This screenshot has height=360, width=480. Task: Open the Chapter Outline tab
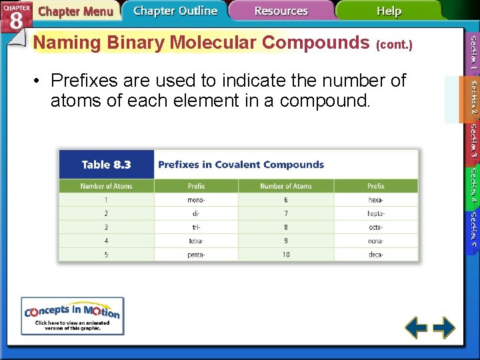coord(175,11)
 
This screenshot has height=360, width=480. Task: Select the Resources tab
coord(281,11)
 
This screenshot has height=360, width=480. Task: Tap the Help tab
coord(389,11)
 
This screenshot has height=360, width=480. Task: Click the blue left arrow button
coord(417,327)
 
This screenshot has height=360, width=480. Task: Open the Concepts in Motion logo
coord(72,315)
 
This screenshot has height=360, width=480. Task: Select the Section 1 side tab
coord(472,53)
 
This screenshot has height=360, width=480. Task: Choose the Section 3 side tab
coord(472,142)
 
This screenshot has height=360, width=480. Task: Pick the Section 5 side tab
coord(472,229)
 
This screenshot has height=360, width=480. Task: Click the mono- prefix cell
coord(196,199)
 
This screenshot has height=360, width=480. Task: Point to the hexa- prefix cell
coord(375,199)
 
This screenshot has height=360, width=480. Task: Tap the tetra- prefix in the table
coord(196,241)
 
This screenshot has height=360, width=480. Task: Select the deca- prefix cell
coord(375,255)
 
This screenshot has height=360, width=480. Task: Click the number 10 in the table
coord(285,255)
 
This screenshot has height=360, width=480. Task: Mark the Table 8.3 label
coord(106,165)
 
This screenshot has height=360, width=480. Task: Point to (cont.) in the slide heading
coord(395,45)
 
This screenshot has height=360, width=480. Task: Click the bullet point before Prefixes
coord(38,81)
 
